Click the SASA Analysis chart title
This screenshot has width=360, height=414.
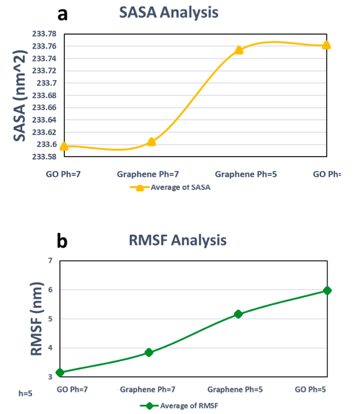169,13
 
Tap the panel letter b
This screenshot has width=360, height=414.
62,241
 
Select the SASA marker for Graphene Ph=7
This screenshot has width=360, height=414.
152,142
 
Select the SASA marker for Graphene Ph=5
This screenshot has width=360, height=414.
239,50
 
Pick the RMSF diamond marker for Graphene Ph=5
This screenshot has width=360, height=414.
239,314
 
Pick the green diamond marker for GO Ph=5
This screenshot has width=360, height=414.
327,291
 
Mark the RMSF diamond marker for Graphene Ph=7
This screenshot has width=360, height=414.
149,353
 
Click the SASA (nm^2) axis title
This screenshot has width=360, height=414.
20,96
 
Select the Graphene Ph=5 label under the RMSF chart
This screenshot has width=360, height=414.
239,390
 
